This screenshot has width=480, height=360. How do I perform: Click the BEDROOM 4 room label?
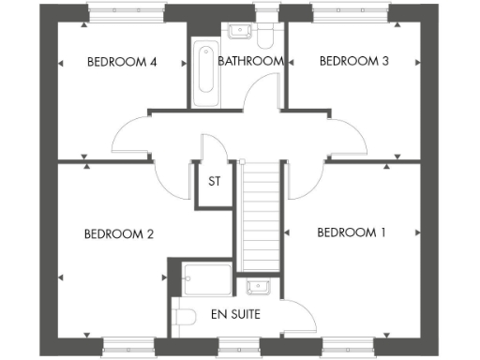click(121, 62)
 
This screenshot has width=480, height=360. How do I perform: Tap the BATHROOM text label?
click(250, 62)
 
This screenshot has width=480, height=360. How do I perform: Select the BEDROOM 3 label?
click(353, 62)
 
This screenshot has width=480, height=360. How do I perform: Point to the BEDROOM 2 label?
click(118, 234)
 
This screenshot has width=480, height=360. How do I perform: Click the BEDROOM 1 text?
click(352, 232)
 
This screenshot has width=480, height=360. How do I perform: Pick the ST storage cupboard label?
click(214, 182)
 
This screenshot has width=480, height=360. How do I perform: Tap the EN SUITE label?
click(235, 313)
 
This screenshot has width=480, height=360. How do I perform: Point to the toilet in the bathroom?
click(266, 34)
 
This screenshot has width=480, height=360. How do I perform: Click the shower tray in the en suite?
click(207, 279)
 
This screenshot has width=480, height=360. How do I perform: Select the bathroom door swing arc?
click(264, 97)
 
